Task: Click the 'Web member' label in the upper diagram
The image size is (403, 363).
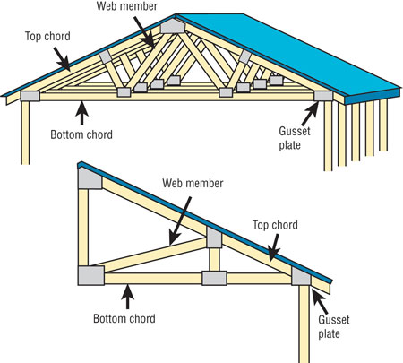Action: pos(127,6)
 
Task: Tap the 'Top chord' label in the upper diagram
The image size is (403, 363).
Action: pos(47,36)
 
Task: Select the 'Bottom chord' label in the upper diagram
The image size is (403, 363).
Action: pos(81,134)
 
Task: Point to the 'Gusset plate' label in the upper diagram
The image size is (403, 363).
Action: pos(295,138)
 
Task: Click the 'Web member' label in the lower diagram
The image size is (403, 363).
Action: pos(193,183)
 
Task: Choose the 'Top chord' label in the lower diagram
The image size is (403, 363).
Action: pos(275,225)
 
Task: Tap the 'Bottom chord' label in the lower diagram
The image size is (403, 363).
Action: pos(124,318)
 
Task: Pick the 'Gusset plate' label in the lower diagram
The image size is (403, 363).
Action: pos(334,326)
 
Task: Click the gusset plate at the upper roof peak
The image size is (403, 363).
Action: pos(173,26)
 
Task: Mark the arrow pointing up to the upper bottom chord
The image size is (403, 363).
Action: pos(82,113)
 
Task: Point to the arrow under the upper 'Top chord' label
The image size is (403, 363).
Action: pos(62,59)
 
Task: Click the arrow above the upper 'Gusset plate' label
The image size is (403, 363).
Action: pos(310,114)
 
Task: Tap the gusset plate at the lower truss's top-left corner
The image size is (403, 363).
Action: pos(90,178)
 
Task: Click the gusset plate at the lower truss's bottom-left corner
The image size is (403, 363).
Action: pos(91,275)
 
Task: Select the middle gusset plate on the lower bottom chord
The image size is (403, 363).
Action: pos(214,278)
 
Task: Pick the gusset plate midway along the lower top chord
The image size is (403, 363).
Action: pos(214,238)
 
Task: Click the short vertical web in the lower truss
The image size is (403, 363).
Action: pos(214,259)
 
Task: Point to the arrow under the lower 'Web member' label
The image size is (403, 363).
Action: pos(180,220)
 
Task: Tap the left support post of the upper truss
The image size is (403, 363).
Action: pos(25,133)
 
